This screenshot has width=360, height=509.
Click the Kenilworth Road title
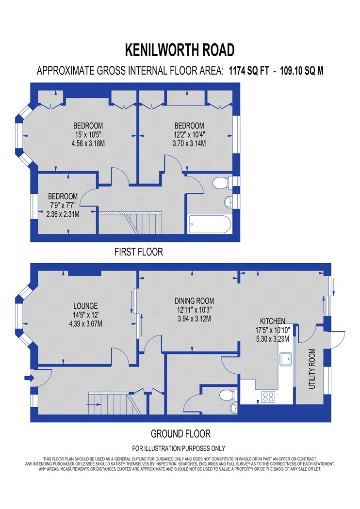coord(180,49)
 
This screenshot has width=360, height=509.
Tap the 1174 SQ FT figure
coord(249,70)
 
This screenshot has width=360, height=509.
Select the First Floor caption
coord(139,252)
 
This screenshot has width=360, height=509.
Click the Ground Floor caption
coord(180,434)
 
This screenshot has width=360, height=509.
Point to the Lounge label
coord(85,306)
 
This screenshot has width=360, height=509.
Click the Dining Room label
coord(194,301)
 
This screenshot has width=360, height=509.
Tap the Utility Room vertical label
coord(312,369)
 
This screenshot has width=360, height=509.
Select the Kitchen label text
coord(273,321)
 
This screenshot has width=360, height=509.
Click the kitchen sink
coord(286,359)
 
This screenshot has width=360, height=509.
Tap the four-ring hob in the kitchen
coord(268,397)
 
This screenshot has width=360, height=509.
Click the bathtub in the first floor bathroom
coord(210,224)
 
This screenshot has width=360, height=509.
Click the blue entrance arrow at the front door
coord(29,378)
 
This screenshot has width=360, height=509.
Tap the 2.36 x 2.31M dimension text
coord(63,214)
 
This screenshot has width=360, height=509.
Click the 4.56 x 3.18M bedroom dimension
coord(88,143)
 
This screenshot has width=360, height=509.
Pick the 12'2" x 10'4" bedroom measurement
coord(189,134)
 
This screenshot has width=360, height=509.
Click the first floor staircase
coord(131,223)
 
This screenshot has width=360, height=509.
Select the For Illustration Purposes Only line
coord(179,448)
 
